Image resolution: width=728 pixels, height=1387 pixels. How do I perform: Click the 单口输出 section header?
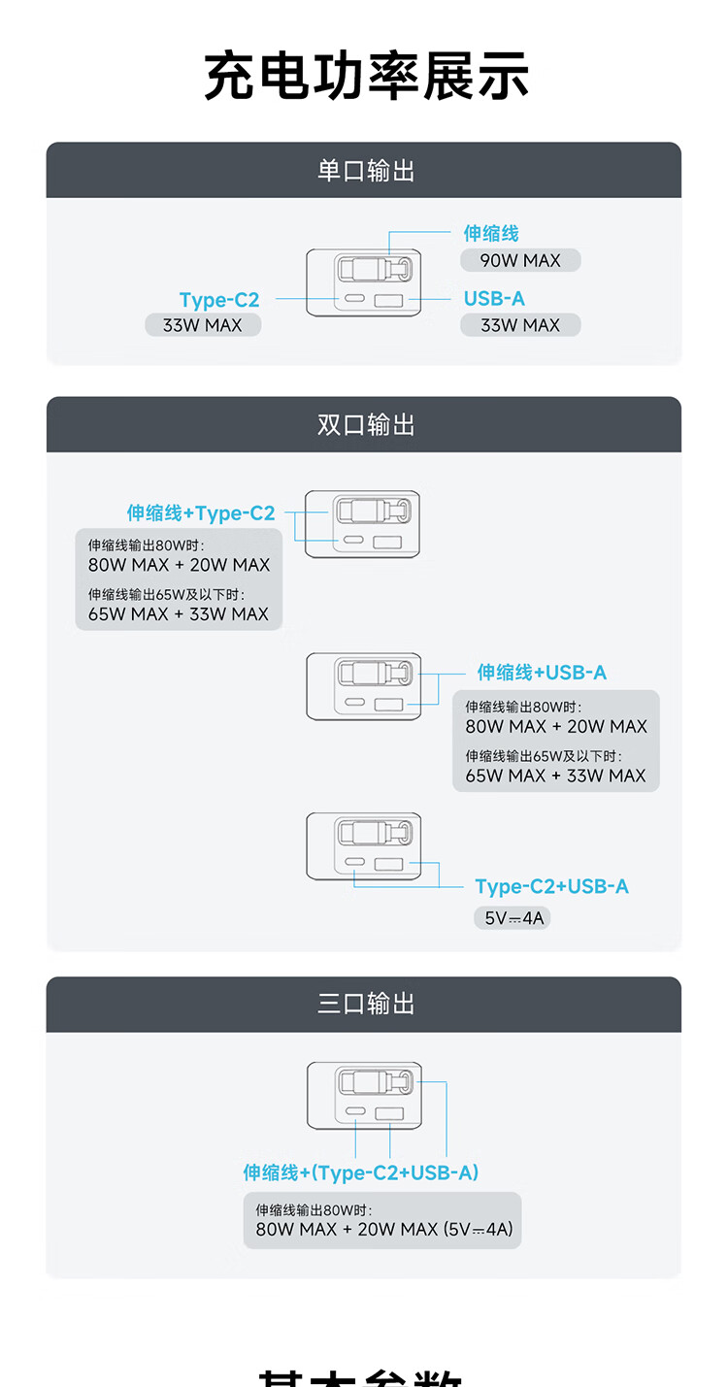coord(365,171)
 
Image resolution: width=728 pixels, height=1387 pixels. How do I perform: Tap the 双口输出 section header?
coord(365,424)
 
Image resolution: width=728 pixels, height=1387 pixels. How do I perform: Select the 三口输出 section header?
coord(365,1004)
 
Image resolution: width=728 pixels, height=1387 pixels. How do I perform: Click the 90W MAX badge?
coord(520,260)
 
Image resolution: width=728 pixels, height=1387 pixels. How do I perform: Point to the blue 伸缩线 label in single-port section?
coord(491,233)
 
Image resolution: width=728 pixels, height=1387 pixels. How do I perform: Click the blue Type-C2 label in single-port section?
coord(219,300)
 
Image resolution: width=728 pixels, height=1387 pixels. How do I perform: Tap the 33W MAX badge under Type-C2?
coord(202,325)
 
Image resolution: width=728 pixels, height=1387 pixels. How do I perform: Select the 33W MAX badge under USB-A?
coord(520,325)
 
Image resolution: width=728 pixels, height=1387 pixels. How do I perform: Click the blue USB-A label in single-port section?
coord(494,299)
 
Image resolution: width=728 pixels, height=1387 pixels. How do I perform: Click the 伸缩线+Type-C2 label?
coord(201,513)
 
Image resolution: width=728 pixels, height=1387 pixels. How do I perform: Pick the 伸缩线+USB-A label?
coord(542,673)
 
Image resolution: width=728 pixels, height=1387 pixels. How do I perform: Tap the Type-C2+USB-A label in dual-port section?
coord(551,886)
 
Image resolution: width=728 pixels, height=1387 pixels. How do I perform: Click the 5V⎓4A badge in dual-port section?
coord(513,917)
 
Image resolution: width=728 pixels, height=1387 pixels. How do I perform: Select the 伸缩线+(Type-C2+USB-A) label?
coord(361,1172)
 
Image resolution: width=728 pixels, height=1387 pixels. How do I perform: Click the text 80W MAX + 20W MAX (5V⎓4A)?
coord(383,1229)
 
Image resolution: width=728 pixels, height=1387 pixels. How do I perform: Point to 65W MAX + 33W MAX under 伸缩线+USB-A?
coord(555,776)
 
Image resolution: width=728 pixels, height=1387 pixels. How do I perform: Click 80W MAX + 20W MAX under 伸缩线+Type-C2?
coord(179,565)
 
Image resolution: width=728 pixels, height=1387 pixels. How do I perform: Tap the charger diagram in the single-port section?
coord(364,281)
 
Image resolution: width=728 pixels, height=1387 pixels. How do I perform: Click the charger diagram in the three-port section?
coord(364,1095)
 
